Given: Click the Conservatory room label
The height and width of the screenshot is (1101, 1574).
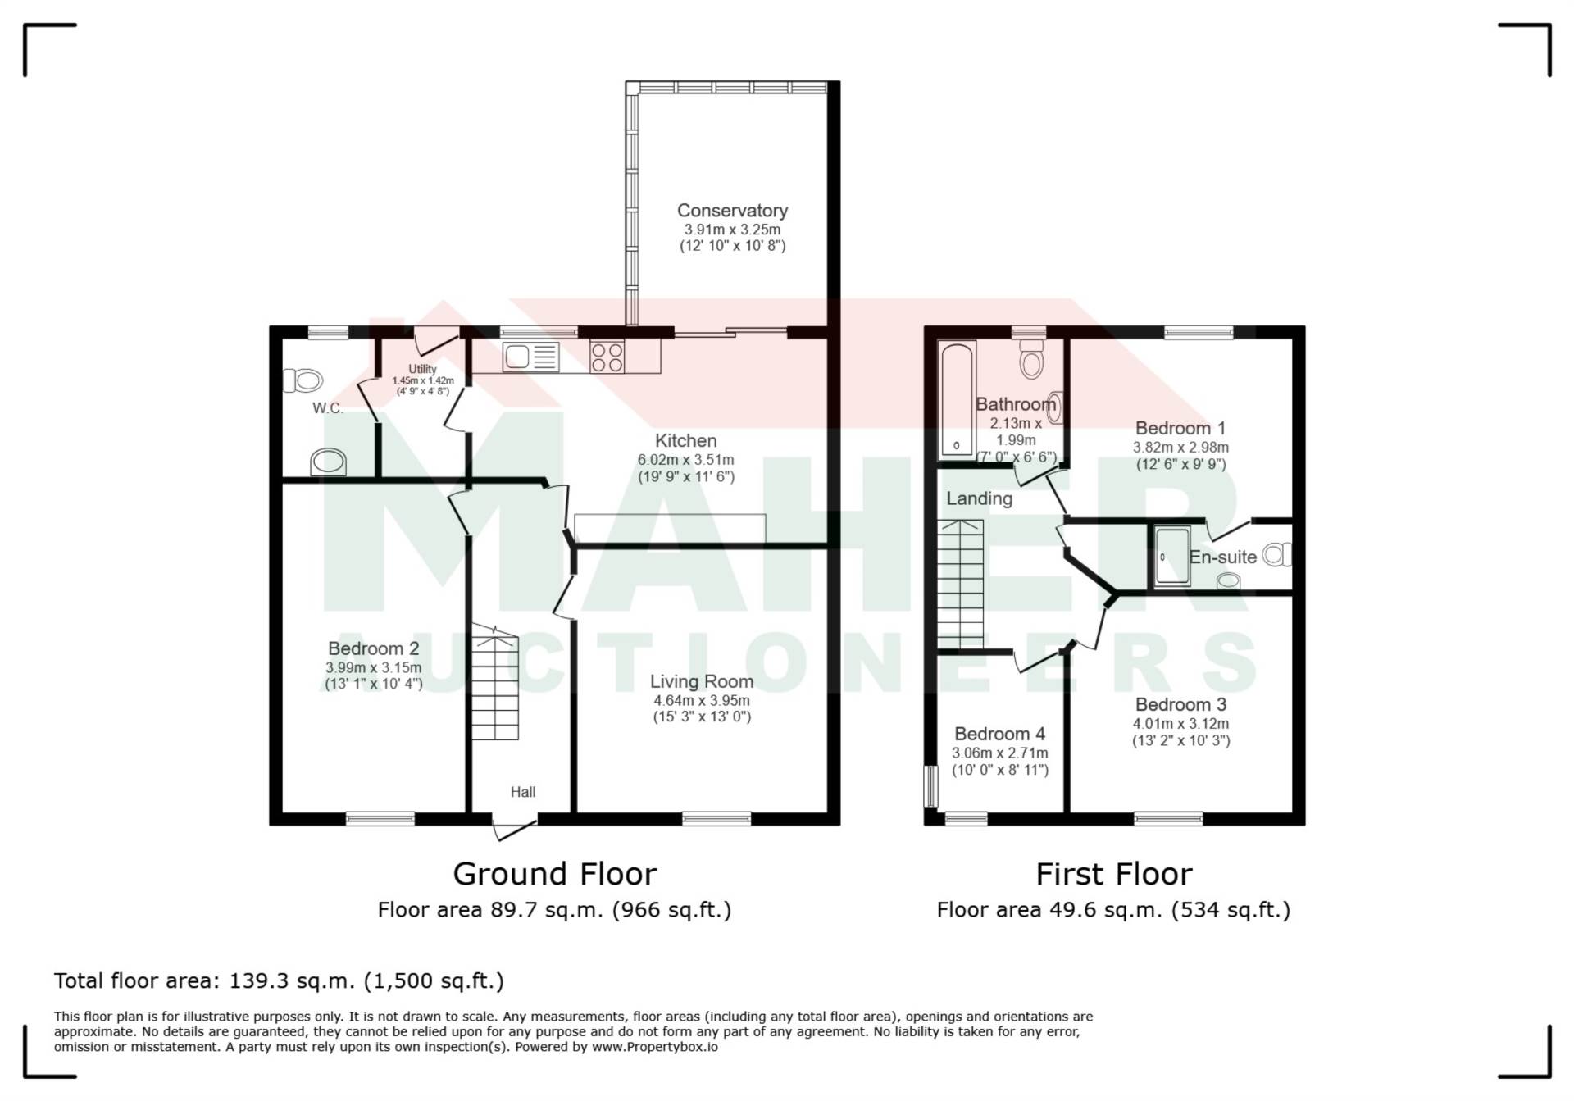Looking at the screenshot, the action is click(732, 211).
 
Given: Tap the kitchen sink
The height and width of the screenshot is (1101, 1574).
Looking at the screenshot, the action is click(531, 357).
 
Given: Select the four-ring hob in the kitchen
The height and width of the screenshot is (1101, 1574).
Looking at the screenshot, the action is click(607, 357).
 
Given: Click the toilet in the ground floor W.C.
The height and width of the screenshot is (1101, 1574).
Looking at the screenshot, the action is click(303, 380).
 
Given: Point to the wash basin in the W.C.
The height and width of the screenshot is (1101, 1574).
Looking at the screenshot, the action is click(328, 462).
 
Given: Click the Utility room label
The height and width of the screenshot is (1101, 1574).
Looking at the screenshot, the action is click(423, 369).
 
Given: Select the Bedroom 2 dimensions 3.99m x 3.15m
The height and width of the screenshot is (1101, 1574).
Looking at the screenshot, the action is click(374, 667).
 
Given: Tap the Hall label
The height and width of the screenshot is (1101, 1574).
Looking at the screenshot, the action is click(523, 792).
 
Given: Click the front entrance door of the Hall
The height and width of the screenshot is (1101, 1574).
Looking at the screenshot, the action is click(515, 828).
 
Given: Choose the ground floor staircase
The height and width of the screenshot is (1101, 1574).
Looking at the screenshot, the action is click(494, 683).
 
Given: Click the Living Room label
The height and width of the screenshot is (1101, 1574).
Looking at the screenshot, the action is click(702, 681).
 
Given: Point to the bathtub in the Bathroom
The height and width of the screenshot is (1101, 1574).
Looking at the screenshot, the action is click(957, 399).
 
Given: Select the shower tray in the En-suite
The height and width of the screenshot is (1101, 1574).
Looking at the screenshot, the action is click(1172, 557).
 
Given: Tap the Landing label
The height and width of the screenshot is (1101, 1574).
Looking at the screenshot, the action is click(980, 498).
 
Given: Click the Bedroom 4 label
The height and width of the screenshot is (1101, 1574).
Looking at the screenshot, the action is click(1000, 734).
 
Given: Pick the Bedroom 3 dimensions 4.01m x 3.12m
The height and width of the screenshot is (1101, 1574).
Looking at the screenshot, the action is click(1181, 724).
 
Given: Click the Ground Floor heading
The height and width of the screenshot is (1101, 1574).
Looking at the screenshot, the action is click(555, 874).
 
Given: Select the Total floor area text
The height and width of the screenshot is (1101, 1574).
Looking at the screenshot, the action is click(279, 980).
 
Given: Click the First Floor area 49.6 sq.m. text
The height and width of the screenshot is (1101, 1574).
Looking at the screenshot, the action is click(1113, 910).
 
